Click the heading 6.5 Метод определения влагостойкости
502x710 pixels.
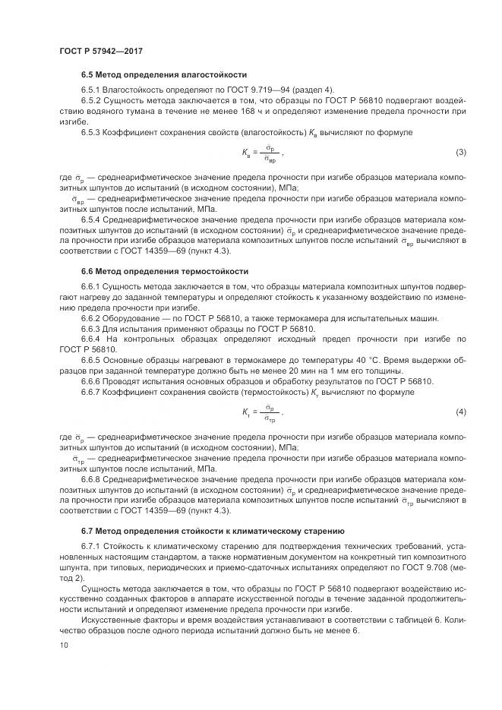(164, 76)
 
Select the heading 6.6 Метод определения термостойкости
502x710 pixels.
(165, 271)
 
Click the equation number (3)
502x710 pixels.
(460, 153)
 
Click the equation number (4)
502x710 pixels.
(460, 412)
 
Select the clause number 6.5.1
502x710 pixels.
(92, 90)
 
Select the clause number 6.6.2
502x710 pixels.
(92, 318)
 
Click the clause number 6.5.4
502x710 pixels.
(92, 219)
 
